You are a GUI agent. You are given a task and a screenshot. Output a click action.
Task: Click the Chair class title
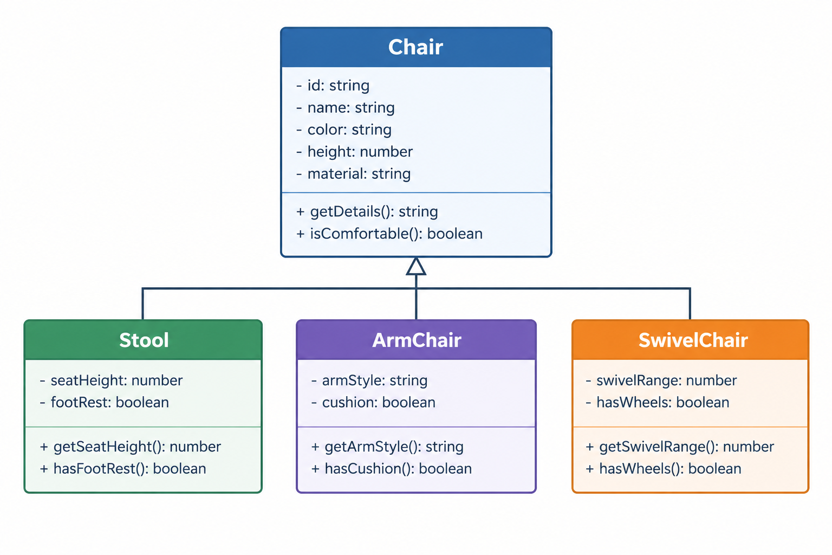(415, 47)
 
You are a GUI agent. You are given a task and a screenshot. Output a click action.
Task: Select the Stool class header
(144, 340)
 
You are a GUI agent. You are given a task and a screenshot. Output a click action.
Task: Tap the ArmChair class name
(417, 340)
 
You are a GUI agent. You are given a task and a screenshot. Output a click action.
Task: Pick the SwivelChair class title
(693, 340)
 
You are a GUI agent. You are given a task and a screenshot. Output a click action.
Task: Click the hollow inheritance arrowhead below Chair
(416, 266)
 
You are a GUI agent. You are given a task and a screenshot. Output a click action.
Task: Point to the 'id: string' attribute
(333, 86)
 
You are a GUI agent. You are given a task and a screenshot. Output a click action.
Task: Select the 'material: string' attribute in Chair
(353, 173)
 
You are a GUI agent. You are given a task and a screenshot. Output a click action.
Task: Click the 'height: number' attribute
(354, 152)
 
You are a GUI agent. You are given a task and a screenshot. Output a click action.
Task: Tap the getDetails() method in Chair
(367, 211)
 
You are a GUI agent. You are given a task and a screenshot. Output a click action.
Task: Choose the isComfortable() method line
(389, 234)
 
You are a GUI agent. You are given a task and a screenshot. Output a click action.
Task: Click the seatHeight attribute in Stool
(111, 380)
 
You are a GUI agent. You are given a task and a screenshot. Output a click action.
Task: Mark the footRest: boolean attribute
(104, 402)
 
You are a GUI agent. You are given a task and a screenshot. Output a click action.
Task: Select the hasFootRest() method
(122, 469)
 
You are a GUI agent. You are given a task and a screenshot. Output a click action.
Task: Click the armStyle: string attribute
(369, 380)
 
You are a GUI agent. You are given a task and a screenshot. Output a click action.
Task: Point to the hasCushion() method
(391, 469)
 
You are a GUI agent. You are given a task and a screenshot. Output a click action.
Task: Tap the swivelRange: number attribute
(661, 380)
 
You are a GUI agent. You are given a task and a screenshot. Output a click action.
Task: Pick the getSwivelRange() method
(680, 447)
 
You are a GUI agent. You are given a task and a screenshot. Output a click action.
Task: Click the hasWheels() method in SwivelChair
(664, 469)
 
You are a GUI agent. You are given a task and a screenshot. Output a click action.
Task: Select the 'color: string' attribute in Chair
(343, 130)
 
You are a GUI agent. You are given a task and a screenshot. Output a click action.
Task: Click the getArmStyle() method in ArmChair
(387, 447)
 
